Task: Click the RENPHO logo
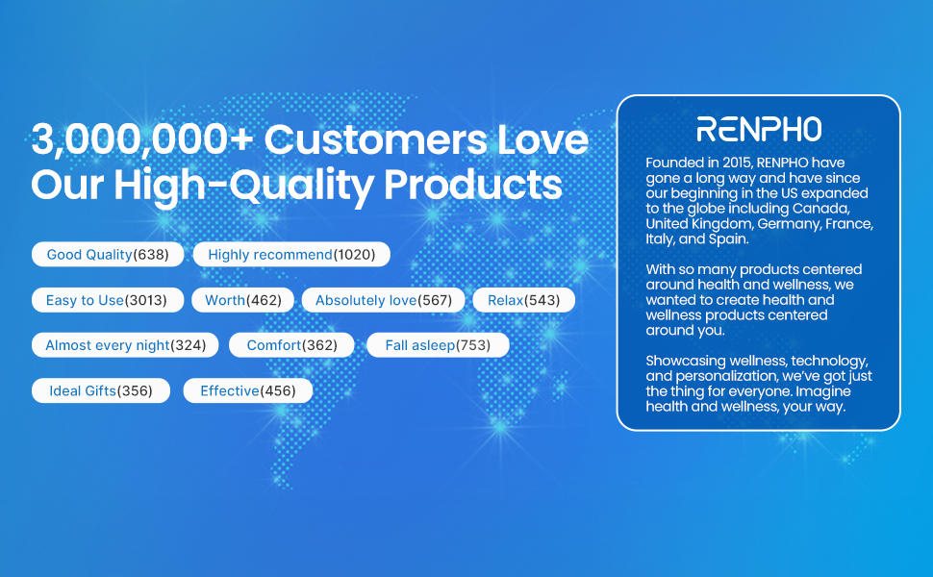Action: pos(759,129)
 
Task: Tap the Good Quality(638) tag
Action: pos(108,255)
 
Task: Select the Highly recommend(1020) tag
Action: pos(291,255)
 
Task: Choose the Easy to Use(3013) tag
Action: pos(108,300)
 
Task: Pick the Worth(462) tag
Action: pos(242,300)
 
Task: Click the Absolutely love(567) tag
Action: pos(383,300)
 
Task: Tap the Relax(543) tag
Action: pos(523,300)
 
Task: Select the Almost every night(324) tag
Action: pos(125,345)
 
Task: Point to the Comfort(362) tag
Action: pos(291,345)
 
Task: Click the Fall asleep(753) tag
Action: pos(438,345)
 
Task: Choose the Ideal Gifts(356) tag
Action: pos(101,390)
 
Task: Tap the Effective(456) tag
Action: pos(247,390)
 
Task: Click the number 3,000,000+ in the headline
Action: pos(142,140)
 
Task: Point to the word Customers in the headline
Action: pos(375,139)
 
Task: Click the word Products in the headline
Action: pos(473,184)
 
